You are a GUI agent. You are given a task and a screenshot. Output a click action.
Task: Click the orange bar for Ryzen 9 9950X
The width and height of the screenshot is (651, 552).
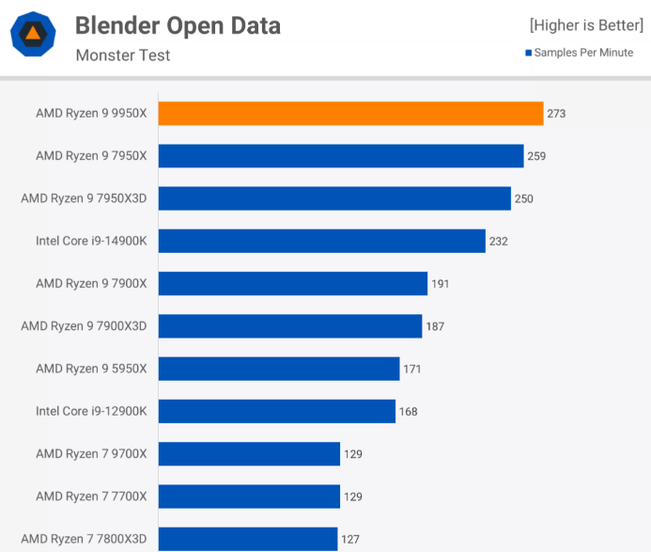[x=350, y=114]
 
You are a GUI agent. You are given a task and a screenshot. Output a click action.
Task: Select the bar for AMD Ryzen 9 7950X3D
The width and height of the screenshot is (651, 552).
[x=334, y=198]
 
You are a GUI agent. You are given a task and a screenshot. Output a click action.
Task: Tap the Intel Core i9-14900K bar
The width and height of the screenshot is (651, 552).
[x=321, y=241]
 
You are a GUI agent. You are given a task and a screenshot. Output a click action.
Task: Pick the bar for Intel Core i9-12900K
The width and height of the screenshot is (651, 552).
[x=276, y=411]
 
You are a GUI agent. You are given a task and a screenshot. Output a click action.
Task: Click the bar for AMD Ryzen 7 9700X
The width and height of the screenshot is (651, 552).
[x=249, y=453]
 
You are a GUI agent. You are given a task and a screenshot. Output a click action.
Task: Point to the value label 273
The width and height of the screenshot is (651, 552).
[x=556, y=114]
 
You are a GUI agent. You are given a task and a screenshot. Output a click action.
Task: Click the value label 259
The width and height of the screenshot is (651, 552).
[x=536, y=156]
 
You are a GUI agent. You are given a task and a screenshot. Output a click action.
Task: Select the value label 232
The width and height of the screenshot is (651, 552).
[x=498, y=242]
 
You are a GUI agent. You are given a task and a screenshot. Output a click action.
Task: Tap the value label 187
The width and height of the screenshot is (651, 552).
[x=434, y=326]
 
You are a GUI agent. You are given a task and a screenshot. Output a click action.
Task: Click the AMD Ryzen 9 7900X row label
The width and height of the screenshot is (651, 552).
[x=91, y=283]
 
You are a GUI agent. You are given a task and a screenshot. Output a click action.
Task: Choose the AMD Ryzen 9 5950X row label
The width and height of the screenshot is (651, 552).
[x=91, y=369]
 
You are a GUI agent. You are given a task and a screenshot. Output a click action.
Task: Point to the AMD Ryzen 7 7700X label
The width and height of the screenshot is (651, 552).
[x=91, y=496]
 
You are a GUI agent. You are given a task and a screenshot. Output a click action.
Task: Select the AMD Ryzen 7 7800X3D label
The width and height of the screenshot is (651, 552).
[x=85, y=538]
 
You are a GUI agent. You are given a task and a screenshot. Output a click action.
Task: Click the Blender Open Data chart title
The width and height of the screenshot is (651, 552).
[x=178, y=25]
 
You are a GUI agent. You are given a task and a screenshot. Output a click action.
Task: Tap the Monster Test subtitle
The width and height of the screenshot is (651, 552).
[x=123, y=55]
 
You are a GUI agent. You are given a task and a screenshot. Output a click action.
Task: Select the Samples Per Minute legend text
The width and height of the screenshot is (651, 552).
[x=583, y=53]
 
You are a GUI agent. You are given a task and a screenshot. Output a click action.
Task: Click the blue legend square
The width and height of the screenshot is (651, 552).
[x=529, y=53]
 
